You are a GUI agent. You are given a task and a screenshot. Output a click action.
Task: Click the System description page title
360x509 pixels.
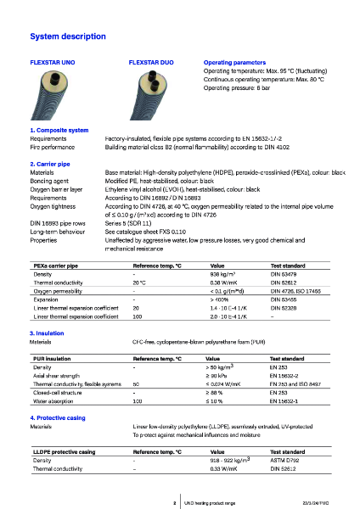68,37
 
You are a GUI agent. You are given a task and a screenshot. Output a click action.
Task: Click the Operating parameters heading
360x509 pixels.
234,63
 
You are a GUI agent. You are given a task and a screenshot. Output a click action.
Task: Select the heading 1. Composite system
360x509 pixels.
59,130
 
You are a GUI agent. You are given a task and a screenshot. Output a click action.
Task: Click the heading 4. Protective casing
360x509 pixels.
59,419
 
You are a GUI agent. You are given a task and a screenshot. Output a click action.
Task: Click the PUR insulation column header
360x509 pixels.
53,359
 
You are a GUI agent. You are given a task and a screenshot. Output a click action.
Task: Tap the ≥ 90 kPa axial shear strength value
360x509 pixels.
218,374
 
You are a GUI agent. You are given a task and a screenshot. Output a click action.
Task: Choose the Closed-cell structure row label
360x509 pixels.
59,393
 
